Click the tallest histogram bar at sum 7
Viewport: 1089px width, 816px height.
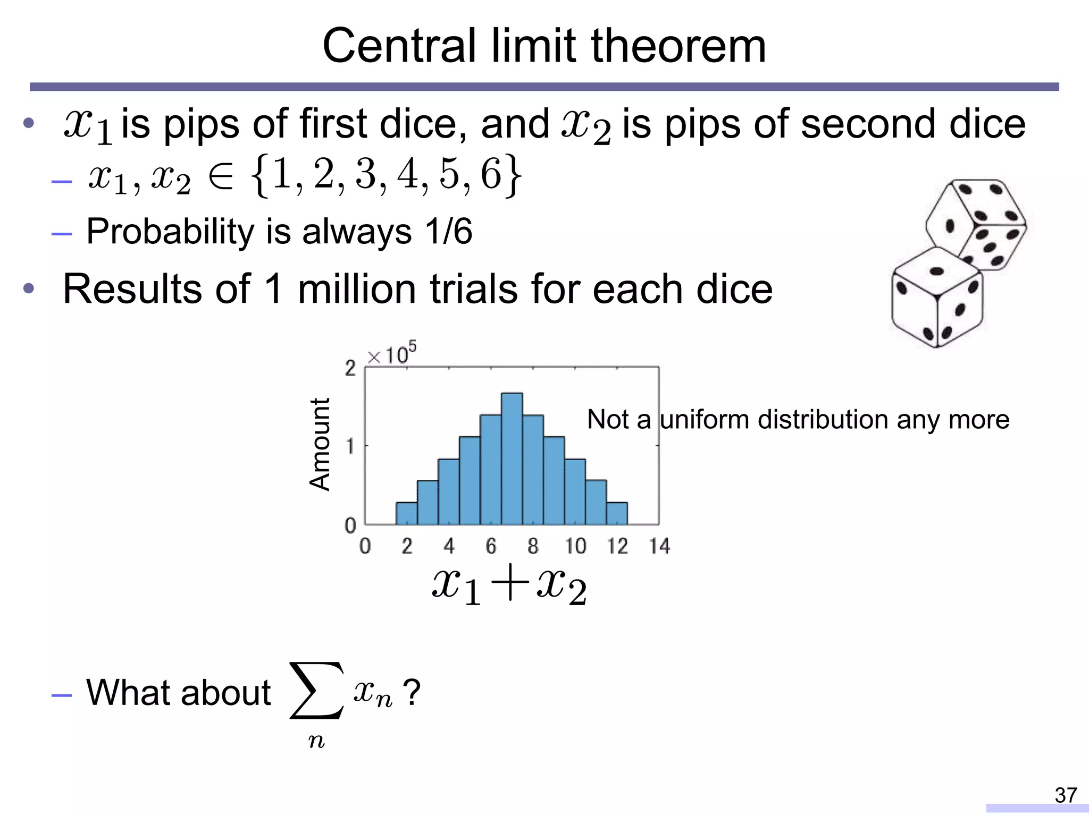[512, 459]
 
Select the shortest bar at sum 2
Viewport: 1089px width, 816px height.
[406, 513]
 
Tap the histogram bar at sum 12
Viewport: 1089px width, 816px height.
[617, 513]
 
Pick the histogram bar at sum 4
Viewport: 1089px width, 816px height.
[448, 491]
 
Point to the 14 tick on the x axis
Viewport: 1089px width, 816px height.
[659, 546]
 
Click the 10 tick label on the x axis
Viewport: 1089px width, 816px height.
[575, 546]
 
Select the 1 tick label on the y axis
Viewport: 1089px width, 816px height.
[349, 446]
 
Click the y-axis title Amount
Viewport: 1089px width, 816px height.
[320, 444]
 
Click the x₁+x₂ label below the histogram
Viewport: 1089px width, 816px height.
[509, 588]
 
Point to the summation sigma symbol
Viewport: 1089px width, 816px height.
[316, 690]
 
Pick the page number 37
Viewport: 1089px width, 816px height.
[1066, 795]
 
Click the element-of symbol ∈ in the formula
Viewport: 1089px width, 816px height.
[221, 177]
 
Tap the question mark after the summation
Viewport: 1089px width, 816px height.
[411, 692]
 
